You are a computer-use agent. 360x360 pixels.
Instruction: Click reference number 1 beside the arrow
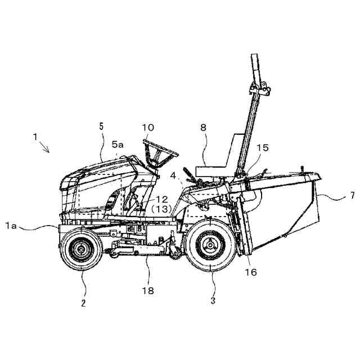[x=34, y=136]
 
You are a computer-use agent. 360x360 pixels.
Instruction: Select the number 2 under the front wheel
[x=83, y=303]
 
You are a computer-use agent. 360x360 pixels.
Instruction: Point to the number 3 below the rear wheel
[x=213, y=300]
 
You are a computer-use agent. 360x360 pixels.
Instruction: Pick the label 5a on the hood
[x=118, y=145]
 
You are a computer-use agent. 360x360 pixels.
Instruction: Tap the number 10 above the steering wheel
[x=148, y=128]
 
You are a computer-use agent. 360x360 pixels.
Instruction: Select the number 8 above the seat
[x=203, y=128]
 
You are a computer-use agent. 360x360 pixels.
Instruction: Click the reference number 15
[x=262, y=148]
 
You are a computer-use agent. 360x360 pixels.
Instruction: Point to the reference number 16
[x=251, y=272]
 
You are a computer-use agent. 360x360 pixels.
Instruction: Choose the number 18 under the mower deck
[x=148, y=290]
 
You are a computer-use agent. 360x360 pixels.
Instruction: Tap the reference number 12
[x=161, y=199]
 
